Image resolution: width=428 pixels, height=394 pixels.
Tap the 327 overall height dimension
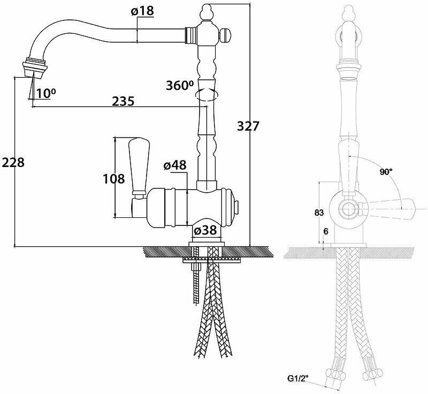pos(248,127)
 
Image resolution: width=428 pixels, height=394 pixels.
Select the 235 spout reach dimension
pos(123,101)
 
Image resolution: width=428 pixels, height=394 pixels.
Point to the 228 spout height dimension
pos(13,163)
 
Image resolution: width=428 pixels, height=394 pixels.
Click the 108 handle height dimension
pos(113,179)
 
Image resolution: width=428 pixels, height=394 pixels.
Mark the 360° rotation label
pos(179,86)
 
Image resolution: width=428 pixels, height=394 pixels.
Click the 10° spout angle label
pos(47,93)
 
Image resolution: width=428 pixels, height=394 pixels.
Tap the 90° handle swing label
pos(386,172)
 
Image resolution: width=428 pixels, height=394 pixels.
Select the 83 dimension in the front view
pos(319,213)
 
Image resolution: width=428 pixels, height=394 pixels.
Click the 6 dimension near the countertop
pos(325,231)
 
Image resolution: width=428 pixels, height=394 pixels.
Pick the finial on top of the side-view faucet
pos(207,12)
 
